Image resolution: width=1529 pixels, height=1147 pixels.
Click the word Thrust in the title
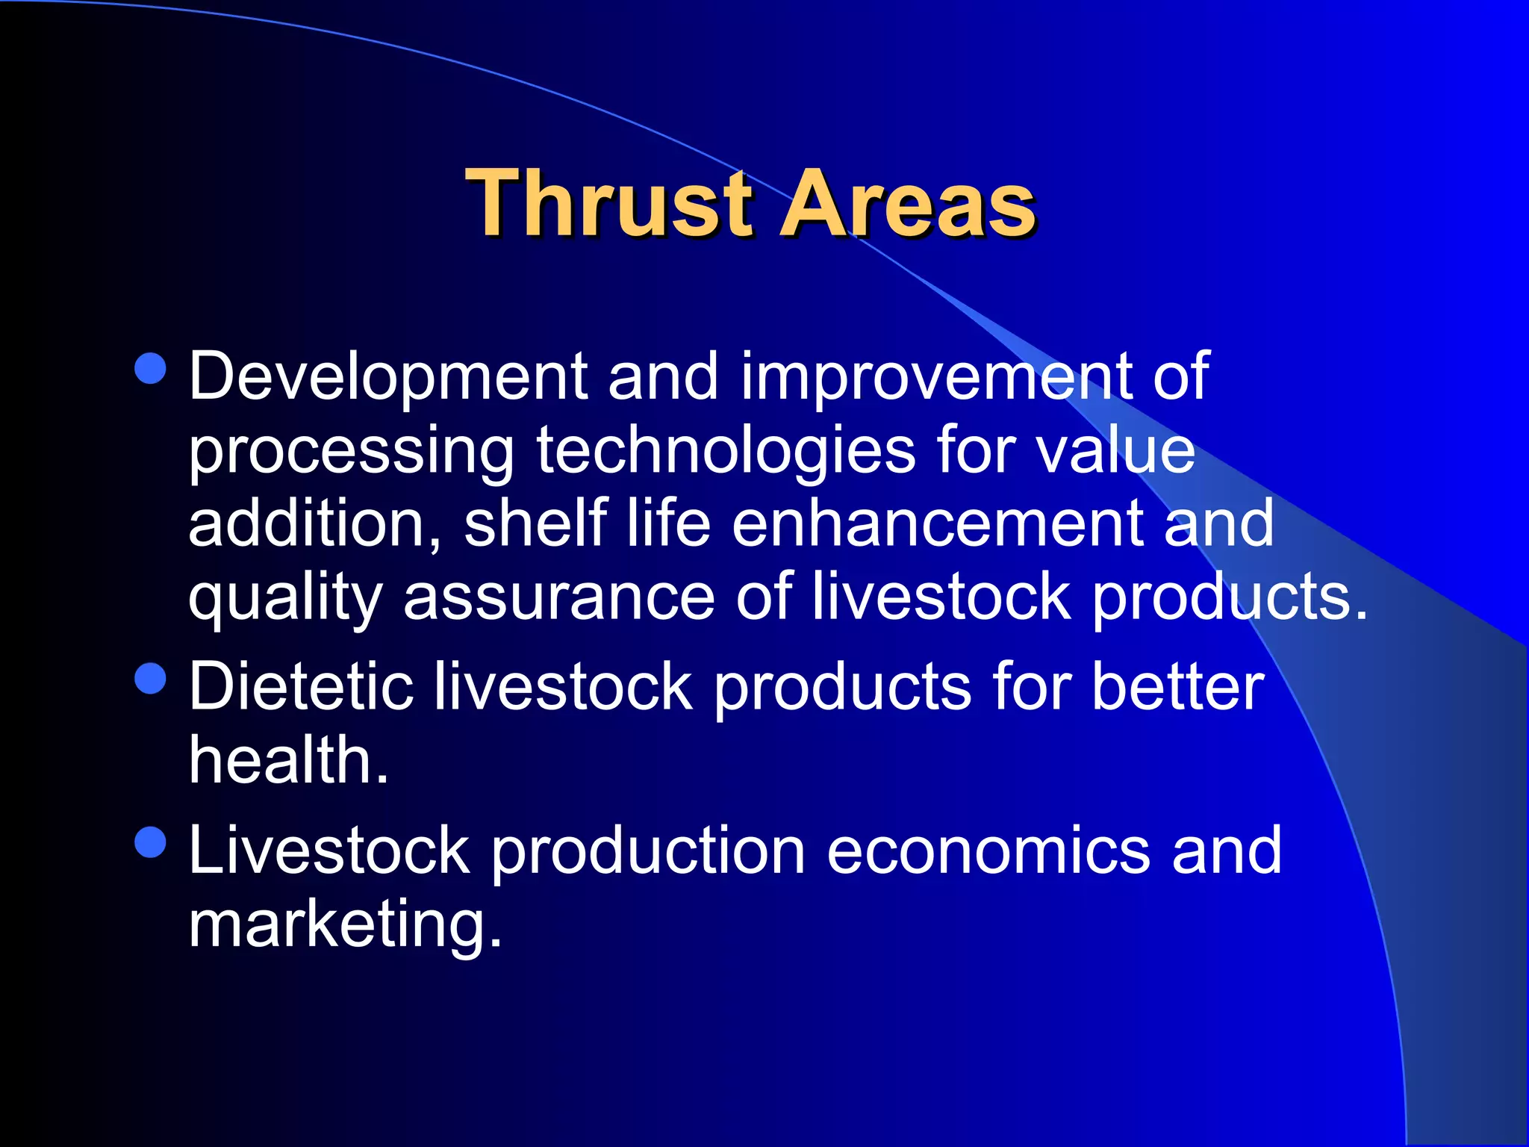click(x=608, y=204)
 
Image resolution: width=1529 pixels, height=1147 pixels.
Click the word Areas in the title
click(x=907, y=204)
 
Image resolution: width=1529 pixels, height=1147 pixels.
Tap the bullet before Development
click(x=151, y=368)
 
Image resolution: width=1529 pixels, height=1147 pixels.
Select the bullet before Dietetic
click(x=151, y=679)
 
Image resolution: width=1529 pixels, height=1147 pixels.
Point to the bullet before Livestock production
click(x=151, y=842)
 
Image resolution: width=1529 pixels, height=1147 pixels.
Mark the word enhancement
click(x=937, y=524)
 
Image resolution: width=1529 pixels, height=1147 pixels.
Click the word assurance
click(x=559, y=597)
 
